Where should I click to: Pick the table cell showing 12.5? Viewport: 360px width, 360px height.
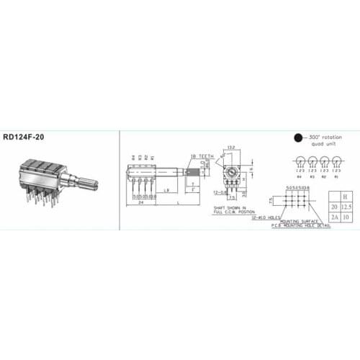[x=347, y=207]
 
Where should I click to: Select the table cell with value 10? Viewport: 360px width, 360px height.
[x=347, y=216]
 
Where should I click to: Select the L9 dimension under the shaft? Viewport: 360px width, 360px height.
[x=166, y=189]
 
